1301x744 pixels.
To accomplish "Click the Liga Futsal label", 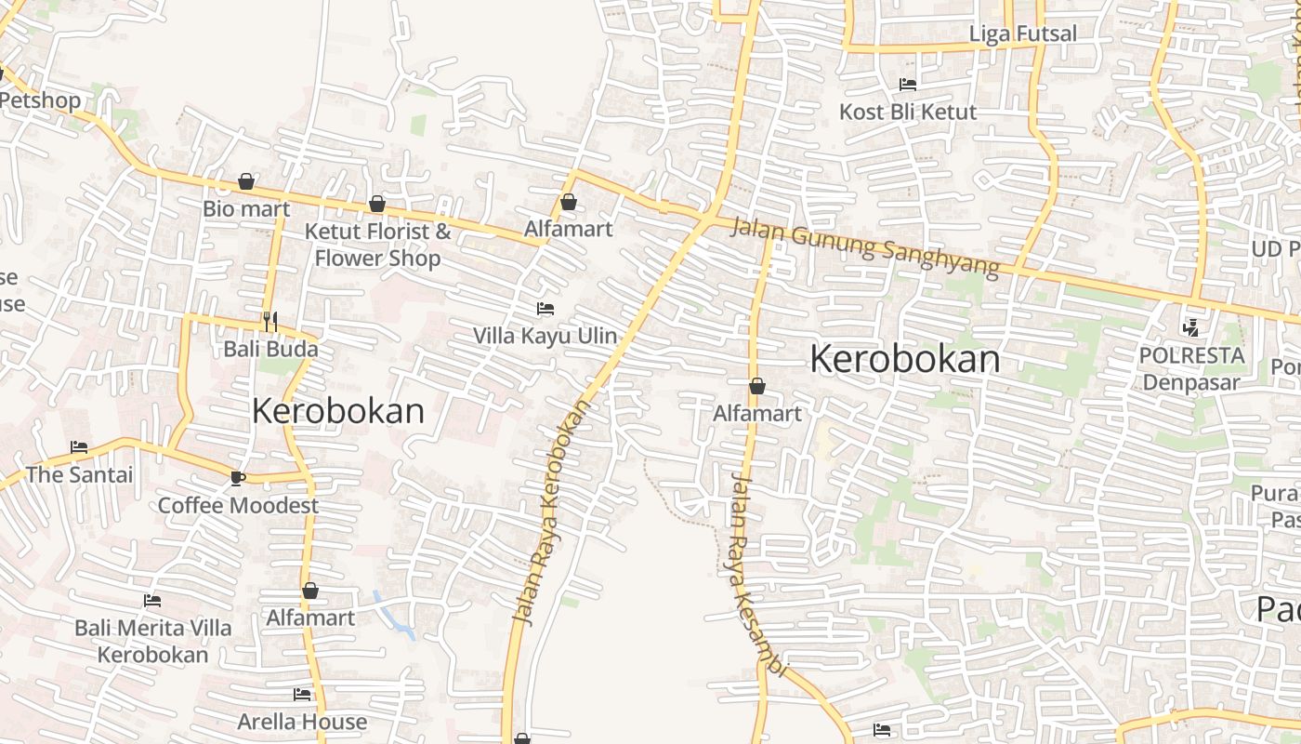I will pyautogui.click(x=1022, y=34).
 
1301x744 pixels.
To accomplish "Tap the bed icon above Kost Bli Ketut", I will pyautogui.click(x=908, y=85).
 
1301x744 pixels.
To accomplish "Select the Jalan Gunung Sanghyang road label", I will pyautogui.click(x=864, y=246).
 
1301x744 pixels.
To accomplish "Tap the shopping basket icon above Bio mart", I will pyautogui.click(x=246, y=181).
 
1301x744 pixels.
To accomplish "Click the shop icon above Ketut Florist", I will pyautogui.click(x=377, y=204).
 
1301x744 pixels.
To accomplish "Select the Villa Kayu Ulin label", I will pyautogui.click(x=545, y=336).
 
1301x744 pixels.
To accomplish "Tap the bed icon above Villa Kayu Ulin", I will pyautogui.click(x=545, y=308).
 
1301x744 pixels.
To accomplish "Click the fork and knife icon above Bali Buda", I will pyautogui.click(x=270, y=322).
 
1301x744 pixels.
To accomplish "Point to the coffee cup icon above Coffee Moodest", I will pyautogui.click(x=237, y=478).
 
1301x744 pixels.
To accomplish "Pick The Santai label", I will pyautogui.click(x=80, y=475).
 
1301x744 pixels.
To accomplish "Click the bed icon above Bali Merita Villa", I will pyautogui.click(x=152, y=601).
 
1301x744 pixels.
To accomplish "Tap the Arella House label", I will pyautogui.click(x=302, y=722).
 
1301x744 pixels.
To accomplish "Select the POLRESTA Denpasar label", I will pyautogui.click(x=1191, y=369).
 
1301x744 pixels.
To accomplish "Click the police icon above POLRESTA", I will pyautogui.click(x=1190, y=327).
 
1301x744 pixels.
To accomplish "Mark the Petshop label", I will pyautogui.click(x=41, y=100).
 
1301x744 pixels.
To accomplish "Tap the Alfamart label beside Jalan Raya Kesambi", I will pyautogui.click(x=756, y=414).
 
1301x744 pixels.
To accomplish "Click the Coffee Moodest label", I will pyautogui.click(x=238, y=506).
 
